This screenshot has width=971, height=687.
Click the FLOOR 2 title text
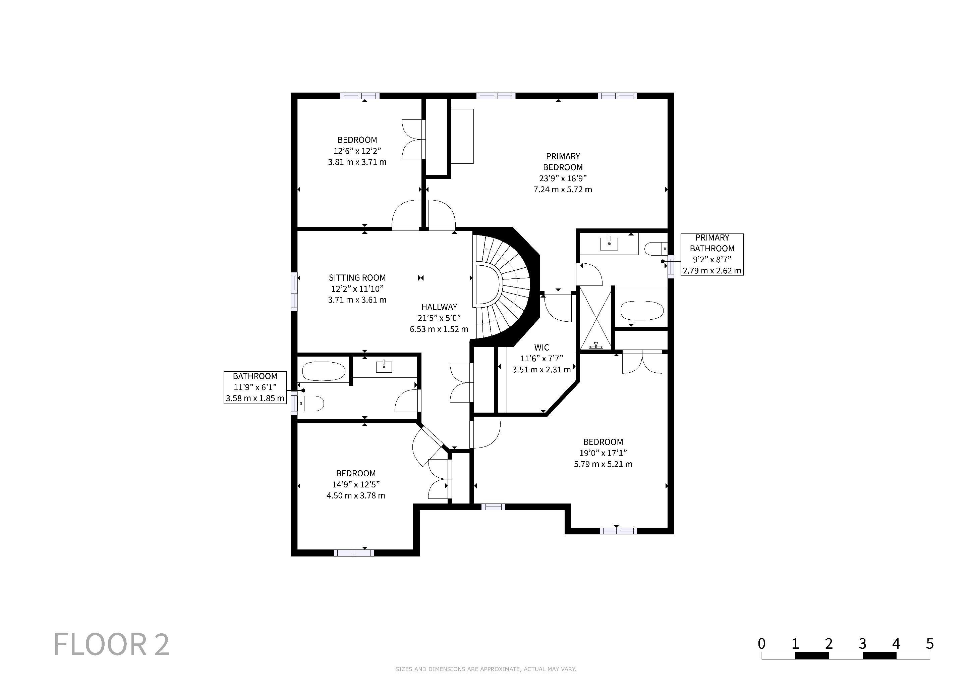pos(112,644)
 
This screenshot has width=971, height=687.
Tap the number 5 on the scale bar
pos(929,643)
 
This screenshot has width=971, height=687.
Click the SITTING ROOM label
pos(357,278)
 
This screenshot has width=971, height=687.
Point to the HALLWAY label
pos(439,307)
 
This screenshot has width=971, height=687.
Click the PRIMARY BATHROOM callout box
pos(712,254)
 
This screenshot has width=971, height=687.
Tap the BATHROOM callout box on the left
pos(255,387)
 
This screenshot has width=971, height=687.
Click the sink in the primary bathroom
pos(609,244)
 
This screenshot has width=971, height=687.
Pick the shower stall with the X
pos(595,318)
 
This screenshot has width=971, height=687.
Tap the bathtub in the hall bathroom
pos(324,372)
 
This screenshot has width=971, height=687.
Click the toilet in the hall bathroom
pos(311,404)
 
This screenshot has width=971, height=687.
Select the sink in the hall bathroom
pos(384,366)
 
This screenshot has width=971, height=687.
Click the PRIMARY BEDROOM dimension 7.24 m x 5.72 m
pos(563,190)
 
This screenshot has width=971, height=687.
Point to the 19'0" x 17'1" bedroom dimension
pos(603,453)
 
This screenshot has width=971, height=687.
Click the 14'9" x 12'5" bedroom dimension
pos(356,484)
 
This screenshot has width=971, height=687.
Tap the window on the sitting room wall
pos(294,292)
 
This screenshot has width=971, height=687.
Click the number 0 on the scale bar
pos(762,643)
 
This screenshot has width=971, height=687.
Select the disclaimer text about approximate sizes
pos(485,669)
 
